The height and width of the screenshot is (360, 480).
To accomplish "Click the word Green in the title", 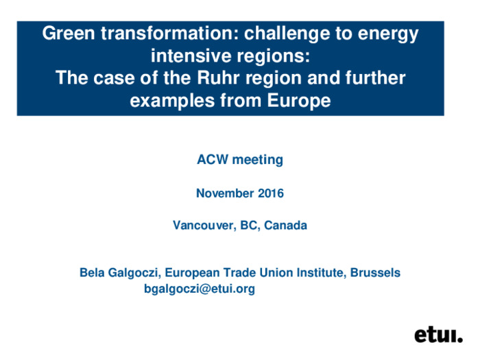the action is click(69, 33).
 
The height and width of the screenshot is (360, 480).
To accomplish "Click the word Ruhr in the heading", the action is click(218, 77).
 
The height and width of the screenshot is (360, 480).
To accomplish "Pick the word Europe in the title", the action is click(299, 100).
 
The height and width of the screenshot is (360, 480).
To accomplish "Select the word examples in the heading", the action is click(172, 101).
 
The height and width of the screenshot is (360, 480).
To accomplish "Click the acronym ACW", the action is click(213, 160).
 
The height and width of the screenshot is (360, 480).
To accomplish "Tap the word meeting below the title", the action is click(258, 160).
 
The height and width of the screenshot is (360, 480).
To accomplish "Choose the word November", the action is click(225, 193).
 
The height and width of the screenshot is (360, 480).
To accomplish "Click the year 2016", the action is click(271, 193).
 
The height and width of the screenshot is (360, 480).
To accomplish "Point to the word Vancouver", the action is click(204, 226).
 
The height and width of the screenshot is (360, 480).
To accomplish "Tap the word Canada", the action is click(285, 226).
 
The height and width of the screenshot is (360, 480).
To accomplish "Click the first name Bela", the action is click(92, 272).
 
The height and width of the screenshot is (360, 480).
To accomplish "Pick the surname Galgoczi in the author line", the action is click(134, 273).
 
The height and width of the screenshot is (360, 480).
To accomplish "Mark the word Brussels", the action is click(375, 272).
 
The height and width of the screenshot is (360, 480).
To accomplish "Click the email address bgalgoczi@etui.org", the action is click(200, 289).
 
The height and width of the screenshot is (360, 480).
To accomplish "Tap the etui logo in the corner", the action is click(438, 335).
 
